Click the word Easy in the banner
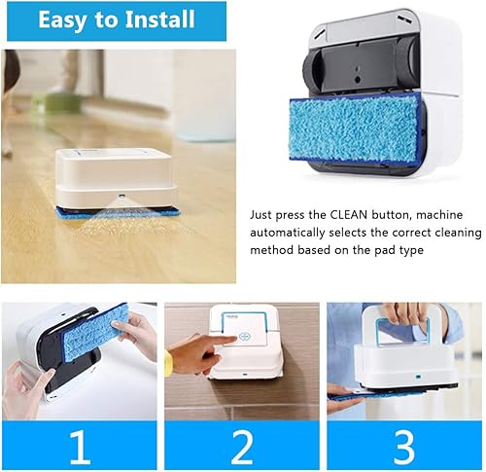coord(63,19)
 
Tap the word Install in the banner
coord(160,18)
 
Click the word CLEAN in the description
coord(349,215)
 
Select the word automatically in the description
coord(287,233)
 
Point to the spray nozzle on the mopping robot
coord(121,196)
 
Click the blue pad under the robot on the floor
coord(119,212)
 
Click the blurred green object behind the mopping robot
coord(62,103)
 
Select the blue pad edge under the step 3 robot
coord(376,394)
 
